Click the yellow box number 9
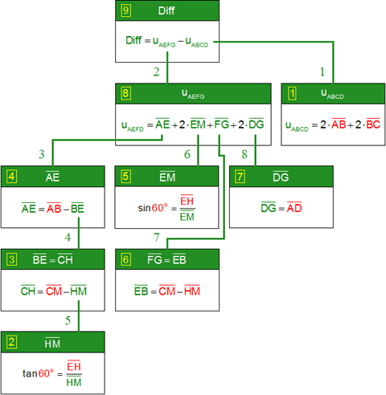click(x=125, y=10)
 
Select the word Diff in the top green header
click(x=166, y=10)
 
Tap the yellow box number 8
click(x=125, y=93)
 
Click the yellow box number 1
click(x=292, y=93)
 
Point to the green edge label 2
click(x=156, y=71)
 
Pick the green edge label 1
click(x=322, y=71)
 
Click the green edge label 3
click(x=41, y=154)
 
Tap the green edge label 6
click(x=187, y=154)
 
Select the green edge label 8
click(x=244, y=154)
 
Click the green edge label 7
click(x=157, y=238)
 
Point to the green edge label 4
click(x=68, y=238)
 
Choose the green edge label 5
click(x=68, y=320)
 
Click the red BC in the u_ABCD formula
click(x=373, y=124)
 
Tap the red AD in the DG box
click(x=294, y=207)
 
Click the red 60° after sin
click(x=160, y=208)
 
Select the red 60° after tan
click(x=46, y=373)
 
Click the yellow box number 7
click(x=240, y=177)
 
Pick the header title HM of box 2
click(x=52, y=343)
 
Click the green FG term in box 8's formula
click(x=221, y=124)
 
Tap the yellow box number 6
click(x=125, y=259)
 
